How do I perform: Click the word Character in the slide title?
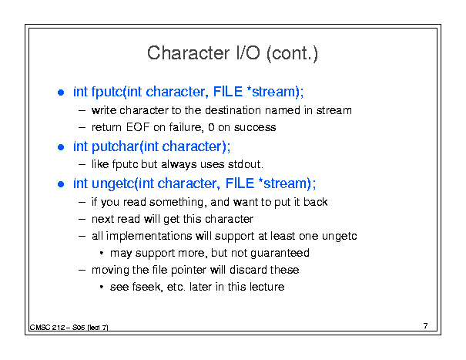[x=189, y=53]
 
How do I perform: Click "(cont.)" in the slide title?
[x=292, y=53]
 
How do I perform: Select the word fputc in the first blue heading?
[x=107, y=92]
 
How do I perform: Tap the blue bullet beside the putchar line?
[x=61, y=147]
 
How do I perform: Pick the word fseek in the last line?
[x=147, y=287]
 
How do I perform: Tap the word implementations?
[x=149, y=236]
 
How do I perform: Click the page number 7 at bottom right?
[x=426, y=326]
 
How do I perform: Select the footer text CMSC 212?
[x=48, y=328]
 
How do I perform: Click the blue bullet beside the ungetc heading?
[x=61, y=184]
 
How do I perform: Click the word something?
[x=176, y=202]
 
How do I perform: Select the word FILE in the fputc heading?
[x=228, y=92]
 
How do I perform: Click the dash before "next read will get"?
[x=82, y=219]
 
